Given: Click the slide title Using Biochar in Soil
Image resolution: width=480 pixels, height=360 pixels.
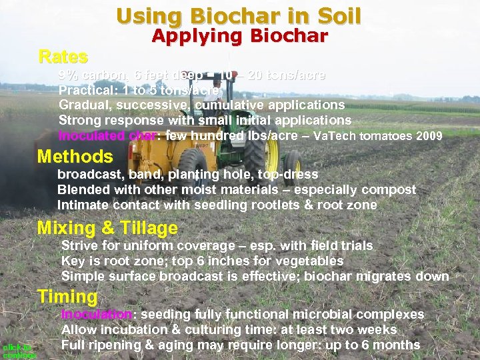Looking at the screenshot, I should click(x=239, y=15).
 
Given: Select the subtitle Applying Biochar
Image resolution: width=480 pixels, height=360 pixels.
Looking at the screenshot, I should click(x=239, y=36).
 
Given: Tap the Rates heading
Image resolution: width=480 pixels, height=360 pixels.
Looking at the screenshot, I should click(x=63, y=55).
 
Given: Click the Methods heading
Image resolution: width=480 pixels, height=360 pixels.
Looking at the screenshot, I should click(x=75, y=157).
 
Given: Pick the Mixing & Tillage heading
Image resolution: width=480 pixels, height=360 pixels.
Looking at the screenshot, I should click(x=107, y=229).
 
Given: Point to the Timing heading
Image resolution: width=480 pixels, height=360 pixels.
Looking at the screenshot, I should click(x=67, y=296).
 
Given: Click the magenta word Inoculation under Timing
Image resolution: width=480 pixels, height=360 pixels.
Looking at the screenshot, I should click(x=97, y=314).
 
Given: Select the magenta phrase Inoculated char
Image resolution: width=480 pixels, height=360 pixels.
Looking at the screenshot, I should click(x=107, y=136).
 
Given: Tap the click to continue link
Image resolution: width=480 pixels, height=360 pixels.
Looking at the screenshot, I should click(x=18, y=351).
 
